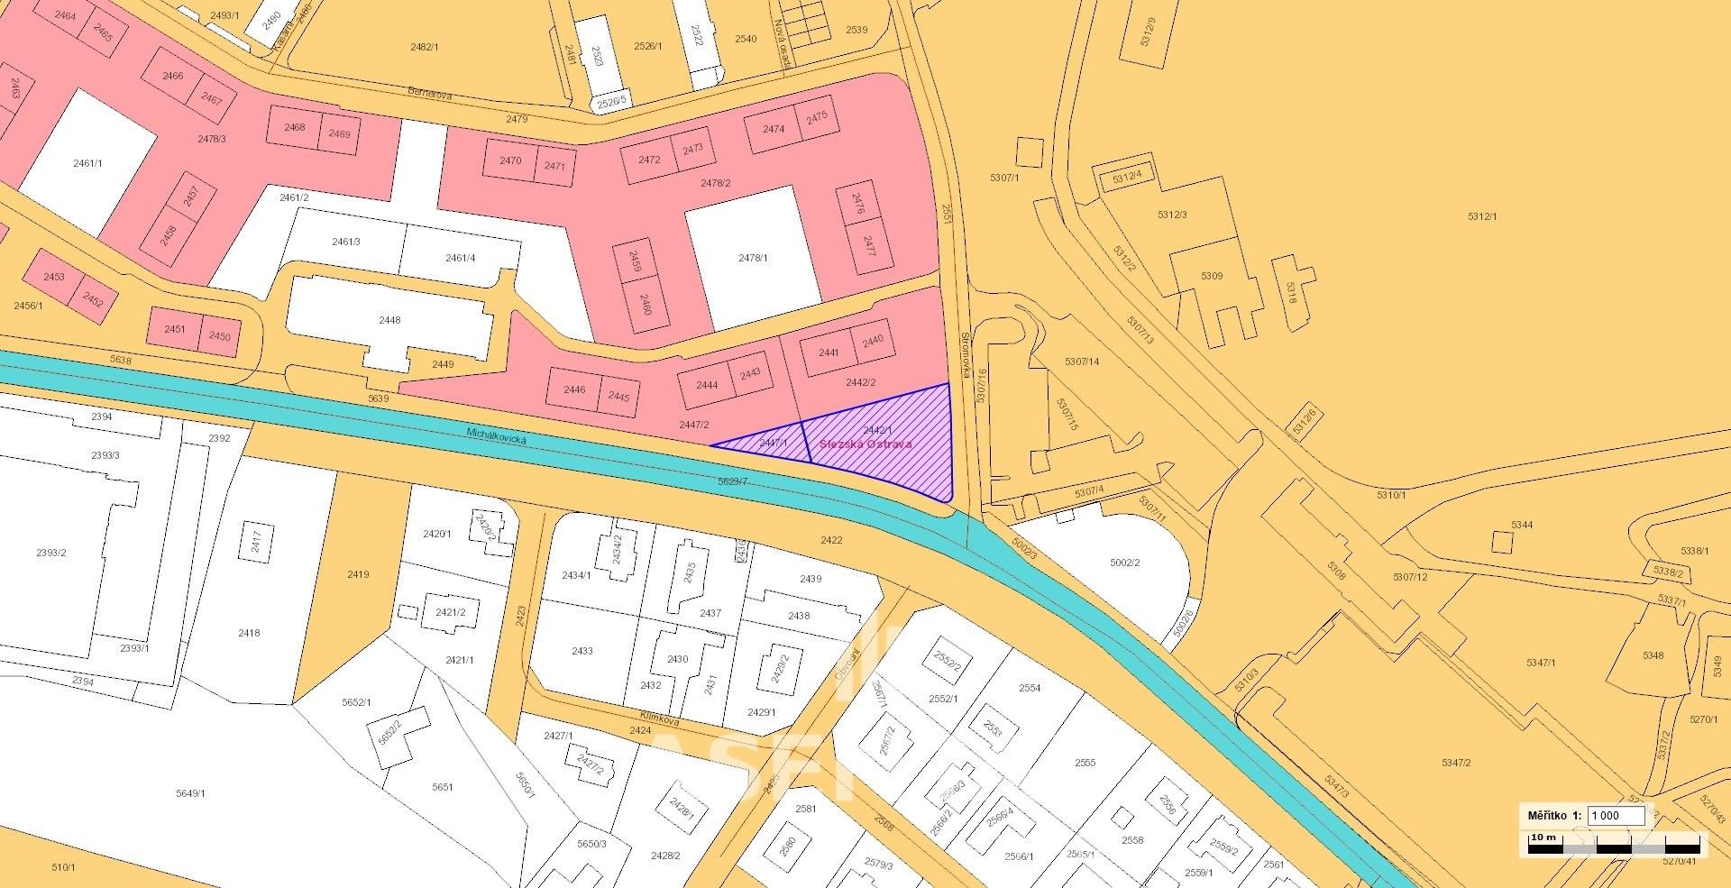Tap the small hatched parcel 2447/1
pyautogui.click(x=773, y=443)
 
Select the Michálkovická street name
pyautogui.click(x=496, y=439)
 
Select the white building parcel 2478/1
pyautogui.click(x=753, y=258)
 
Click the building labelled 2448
pyautogui.click(x=389, y=320)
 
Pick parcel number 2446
pyautogui.click(x=573, y=390)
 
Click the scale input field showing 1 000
pyautogui.click(x=1615, y=815)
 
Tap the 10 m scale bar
pyautogui.click(x=1614, y=846)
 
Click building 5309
pyautogui.click(x=1211, y=276)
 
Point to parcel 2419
pyautogui.click(x=358, y=574)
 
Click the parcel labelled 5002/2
pyautogui.click(x=1124, y=563)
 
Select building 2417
pyautogui.click(x=256, y=542)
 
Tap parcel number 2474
pyautogui.click(x=773, y=129)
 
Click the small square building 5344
pyautogui.click(x=1502, y=541)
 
